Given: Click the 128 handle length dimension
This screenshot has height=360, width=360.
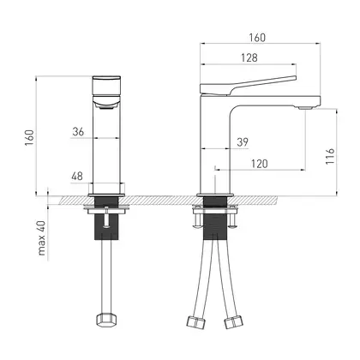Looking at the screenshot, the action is [x=249, y=57].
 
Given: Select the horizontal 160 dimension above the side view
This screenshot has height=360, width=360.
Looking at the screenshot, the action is [x=257, y=38].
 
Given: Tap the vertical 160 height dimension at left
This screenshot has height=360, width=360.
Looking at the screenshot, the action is [x=29, y=137].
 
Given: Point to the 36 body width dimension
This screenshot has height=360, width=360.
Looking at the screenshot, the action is [x=78, y=132].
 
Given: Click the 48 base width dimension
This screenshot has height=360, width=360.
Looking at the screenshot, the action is [x=77, y=176].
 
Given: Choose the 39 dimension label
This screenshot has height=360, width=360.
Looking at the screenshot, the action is [x=243, y=142].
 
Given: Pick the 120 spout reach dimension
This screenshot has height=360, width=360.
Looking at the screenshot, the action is [x=260, y=164].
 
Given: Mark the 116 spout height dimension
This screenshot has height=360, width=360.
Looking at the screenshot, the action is [x=330, y=156].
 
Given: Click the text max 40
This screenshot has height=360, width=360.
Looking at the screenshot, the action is [x=42, y=238].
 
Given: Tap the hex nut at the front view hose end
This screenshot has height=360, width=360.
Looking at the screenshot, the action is [x=106, y=320].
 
